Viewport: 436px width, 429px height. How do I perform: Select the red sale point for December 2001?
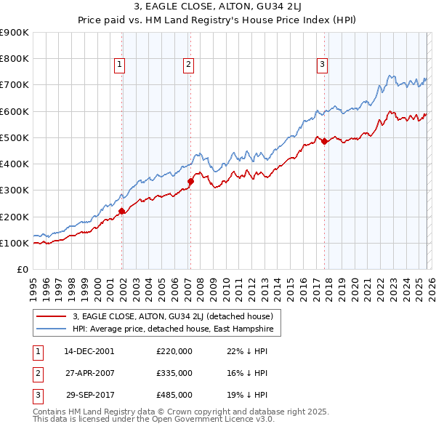[x=122, y=212]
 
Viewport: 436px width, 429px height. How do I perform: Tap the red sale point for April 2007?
[x=190, y=182]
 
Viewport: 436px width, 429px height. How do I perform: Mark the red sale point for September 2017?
[x=324, y=142]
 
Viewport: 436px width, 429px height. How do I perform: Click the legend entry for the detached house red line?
[x=172, y=316]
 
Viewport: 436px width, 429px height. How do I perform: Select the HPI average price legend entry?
[x=172, y=329]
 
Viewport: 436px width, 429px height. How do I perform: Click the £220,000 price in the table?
[x=174, y=350]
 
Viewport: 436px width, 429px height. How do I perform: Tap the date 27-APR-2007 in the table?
[x=89, y=372]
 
